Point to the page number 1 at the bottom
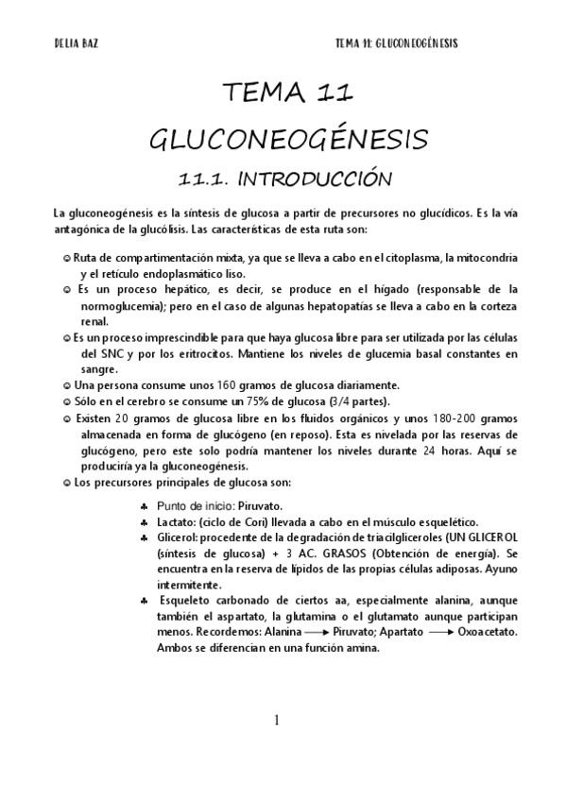276,721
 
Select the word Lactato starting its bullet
177,521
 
